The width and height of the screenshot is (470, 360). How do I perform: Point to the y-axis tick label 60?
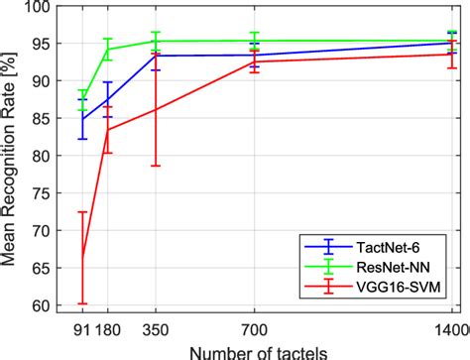click(x=44, y=306)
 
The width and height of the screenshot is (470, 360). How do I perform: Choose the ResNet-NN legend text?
click(x=393, y=267)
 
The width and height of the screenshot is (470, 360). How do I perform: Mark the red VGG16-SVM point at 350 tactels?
click(x=156, y=109)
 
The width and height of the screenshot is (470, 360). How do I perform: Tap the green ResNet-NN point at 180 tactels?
click(x=108, y=50)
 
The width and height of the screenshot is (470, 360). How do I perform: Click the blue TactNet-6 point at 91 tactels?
click(x=82, y=119)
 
